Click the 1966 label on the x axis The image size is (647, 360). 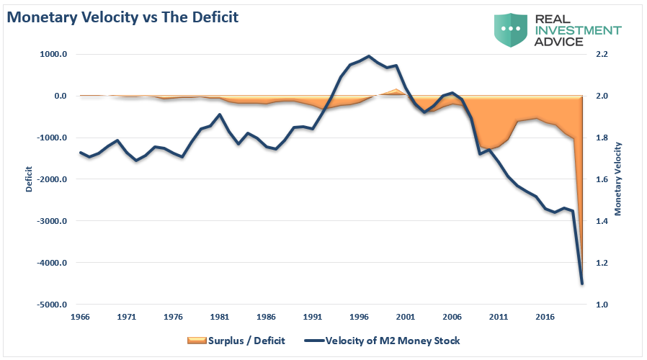point(80,316)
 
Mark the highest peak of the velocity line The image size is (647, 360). point(369,56)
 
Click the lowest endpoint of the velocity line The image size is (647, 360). point(581,284)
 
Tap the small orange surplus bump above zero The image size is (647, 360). point(395,91)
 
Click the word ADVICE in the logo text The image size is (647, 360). point(559,42)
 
